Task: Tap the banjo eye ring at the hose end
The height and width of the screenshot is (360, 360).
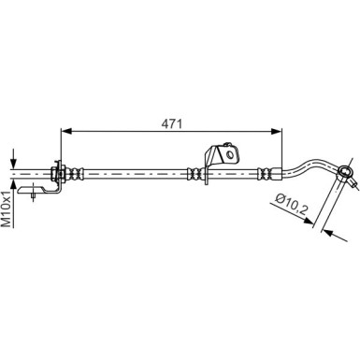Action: (x=347, y=172)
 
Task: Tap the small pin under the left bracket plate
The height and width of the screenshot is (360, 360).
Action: (x=36, y=195)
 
